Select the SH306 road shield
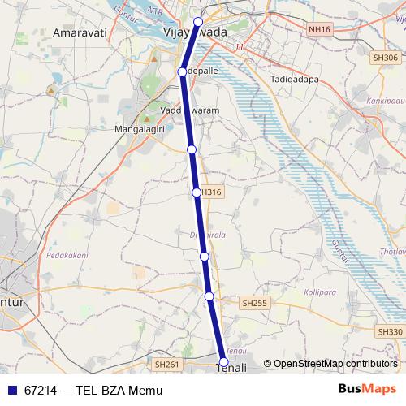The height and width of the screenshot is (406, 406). point(383,58)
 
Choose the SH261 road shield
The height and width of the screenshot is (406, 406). point(166,365)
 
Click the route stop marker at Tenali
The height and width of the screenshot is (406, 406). point(224,363)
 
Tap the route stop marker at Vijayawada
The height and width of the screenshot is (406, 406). point(198,22)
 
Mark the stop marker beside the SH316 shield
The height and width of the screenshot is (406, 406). point(197,192)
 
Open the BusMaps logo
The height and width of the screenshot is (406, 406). point(366,390)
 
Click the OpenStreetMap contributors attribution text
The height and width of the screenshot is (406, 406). point(335,364)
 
